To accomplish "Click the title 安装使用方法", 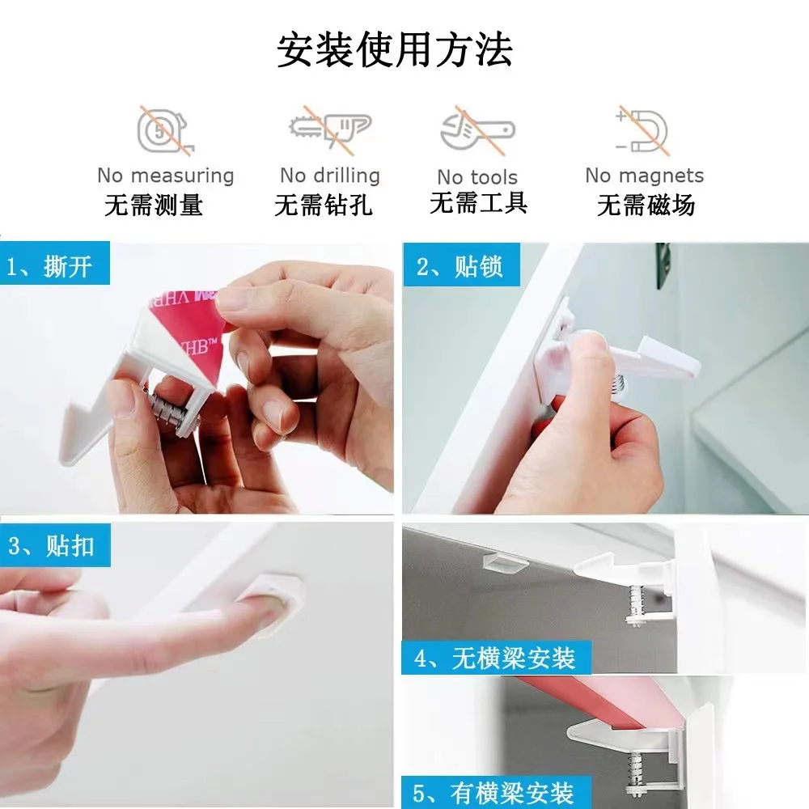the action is click(x=395, y=50).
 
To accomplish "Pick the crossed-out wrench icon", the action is click(x=478, y=131).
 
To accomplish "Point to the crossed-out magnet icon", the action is click(x=643, y=131).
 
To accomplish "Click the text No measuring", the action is click(x=166, y=176).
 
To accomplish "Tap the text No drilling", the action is click(x=330, y=176).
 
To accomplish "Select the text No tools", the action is click(x=477, y=177).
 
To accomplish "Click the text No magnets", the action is click(x=645, y=176).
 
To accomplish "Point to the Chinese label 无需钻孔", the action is click(x=324, y=205).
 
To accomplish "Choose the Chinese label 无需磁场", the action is click(x=646, y=205).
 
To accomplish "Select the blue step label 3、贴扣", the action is click(x=55, y=544).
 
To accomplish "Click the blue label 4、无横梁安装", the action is click(x=497, y=658).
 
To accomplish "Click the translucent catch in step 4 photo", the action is click(x=505, y=564).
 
